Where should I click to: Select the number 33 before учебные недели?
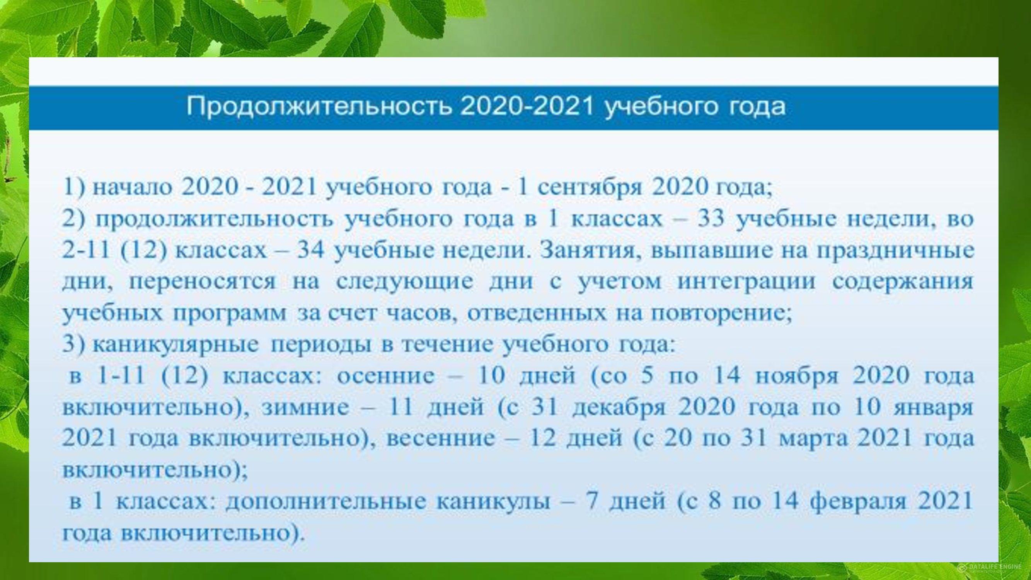(x=711, y=219)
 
